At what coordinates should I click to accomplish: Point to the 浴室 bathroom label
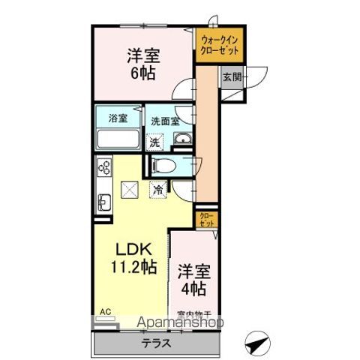tap(116, 118)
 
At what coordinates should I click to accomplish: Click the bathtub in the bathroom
tap(118, 140)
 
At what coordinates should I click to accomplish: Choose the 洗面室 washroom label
tap(164, 120)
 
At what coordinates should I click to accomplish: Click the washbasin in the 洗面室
tap(181, 138)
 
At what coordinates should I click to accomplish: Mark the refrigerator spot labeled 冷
tap(157, 190)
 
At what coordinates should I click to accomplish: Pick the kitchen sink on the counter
tap(104, 202)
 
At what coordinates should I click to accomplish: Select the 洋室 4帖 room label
tap(193, 278)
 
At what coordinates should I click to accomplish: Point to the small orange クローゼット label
tap(207, 220)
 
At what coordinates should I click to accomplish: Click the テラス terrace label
tap(157, 343)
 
